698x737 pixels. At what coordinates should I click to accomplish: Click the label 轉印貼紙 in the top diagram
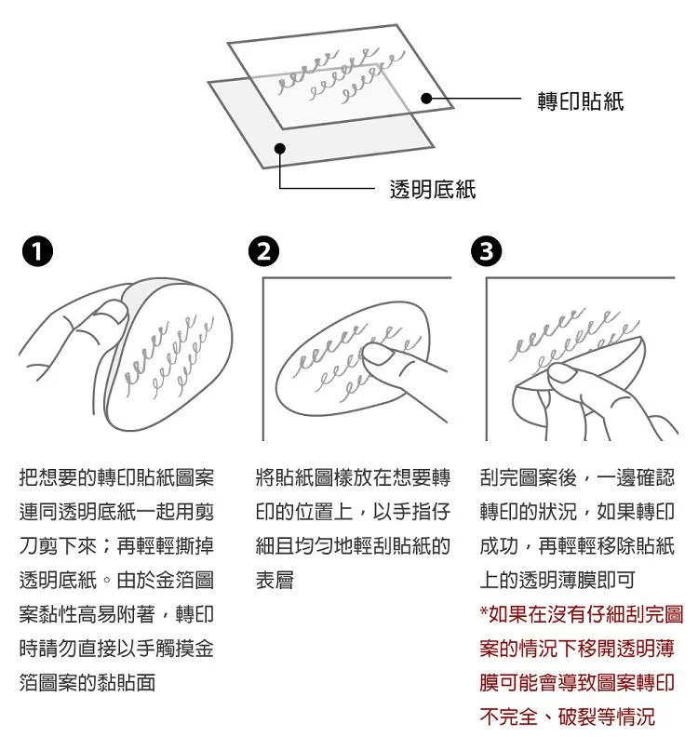point(581,101)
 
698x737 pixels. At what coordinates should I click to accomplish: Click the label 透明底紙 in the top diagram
point(433,190)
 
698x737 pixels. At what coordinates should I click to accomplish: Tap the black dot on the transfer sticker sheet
point(426,99)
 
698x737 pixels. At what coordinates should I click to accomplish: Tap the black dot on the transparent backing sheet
point(280,149)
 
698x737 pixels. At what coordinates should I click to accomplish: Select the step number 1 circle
point(37,251)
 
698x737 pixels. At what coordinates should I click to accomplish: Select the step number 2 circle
point(263,251)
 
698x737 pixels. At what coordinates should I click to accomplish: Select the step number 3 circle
point(487,251)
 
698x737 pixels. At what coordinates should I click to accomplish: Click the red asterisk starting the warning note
point(484,611)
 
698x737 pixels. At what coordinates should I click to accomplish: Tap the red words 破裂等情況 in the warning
point(607,717)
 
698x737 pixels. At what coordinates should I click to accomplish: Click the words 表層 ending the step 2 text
point(275,580)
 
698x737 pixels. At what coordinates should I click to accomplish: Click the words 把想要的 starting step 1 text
point(58,477)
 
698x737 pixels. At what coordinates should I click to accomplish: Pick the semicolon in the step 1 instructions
point(107,546)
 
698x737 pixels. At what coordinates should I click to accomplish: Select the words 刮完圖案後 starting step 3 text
point(529,477)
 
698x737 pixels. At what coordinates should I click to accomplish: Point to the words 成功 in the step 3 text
point(499,545)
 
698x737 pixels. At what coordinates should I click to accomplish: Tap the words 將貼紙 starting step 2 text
point(285,477)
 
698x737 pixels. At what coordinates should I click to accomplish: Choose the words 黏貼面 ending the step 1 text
point(126,683)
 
